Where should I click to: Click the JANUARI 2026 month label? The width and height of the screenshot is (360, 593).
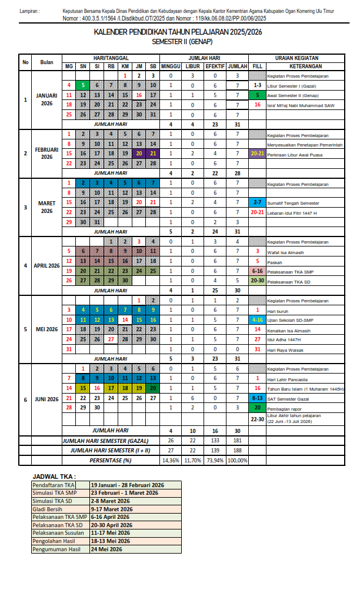[x=46, y=99]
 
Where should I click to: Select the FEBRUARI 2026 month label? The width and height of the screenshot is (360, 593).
[x=46, y=154]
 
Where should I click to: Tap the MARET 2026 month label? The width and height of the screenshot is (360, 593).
[x=46, y=207]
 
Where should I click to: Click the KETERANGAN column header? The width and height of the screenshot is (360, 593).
[x=297, y=66]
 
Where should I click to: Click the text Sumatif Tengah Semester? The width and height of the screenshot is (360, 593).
[x=292, y=202]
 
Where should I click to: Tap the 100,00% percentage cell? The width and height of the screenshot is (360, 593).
[x=238, y=460]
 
